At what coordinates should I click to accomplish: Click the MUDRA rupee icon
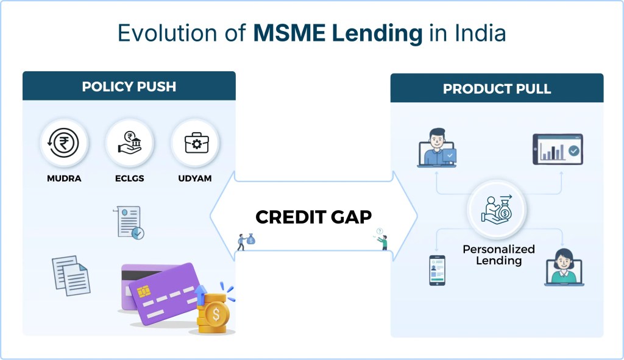pyautogui.click(x=64, y=144)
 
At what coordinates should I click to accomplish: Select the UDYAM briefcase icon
pyautogui.click(x=194, y=144)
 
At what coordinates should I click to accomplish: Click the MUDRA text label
pyautogui.click(x=64, y=178)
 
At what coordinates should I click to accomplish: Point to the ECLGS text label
pyautogui.click(x=129, y=178)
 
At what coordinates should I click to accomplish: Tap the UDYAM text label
pyautogui.click(x=194, y=178)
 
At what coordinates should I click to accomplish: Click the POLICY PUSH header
pyautogui.click(x=129, y=86)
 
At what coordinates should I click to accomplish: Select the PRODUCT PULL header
pyautogui.click(x=497, y=89)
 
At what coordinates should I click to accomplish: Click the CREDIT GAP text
pyautogui.click(x=313, y=217)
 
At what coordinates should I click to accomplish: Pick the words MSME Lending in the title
pyautogui.click(x=338, y=34)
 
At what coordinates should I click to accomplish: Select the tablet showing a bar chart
pyautogui.click(x=558, y=149)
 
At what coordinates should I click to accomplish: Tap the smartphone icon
pyautogui.click(x=436, y=270)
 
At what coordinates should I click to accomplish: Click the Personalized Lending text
pyautogui.click(x=498, y=255)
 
